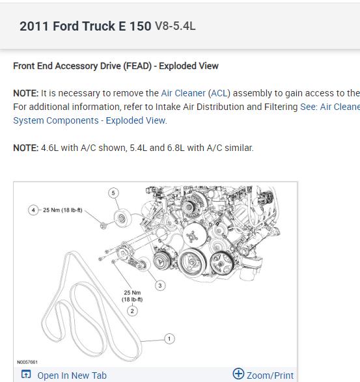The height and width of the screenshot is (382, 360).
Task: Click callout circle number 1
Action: (169, 338)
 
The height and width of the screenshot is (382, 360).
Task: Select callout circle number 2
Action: (132, 311)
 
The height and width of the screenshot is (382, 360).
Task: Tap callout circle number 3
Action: (160, 286)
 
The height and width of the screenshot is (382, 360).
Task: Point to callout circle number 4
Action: (33, 210)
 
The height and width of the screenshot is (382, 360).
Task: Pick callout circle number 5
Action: (113, 193)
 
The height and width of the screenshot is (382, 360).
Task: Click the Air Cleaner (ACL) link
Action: (196, 93)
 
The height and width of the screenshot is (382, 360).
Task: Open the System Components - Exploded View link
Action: (90, 120)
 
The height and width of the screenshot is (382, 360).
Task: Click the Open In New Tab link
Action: (72, 375)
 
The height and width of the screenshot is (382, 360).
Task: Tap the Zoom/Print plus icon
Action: (238, 374)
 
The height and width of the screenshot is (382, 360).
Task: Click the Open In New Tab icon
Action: (26, 374)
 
